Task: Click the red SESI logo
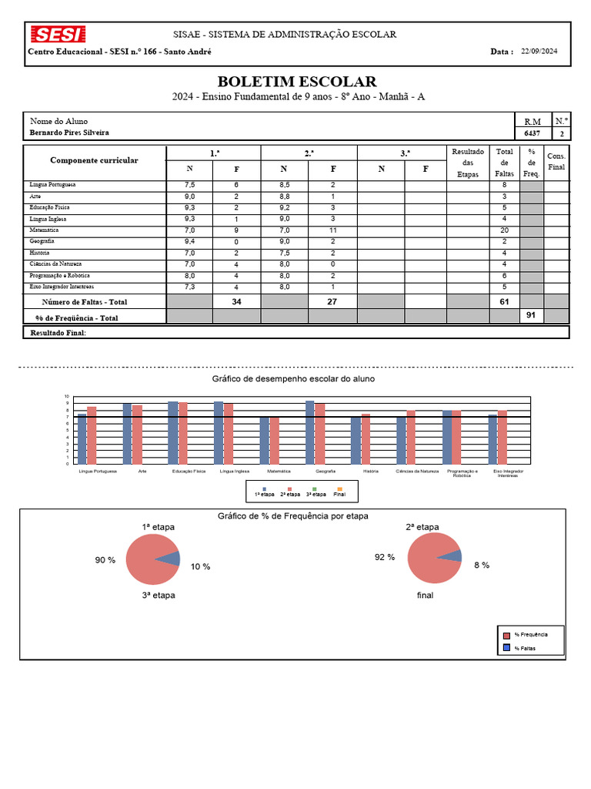point(58,35)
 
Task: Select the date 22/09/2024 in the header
point(539,52)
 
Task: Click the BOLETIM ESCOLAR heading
point(297,82)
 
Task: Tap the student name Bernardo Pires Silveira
point(69,133)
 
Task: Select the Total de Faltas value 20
point(504,230)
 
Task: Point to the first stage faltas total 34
point(236,302)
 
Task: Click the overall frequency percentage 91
point(530,314)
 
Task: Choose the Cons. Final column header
point(556,161)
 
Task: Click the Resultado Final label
point(58,333)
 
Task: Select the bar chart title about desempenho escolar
point(294,379)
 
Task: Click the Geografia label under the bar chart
point(325,471)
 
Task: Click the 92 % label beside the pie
point(385,557)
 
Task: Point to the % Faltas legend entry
point(526,648)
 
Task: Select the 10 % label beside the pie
point(200,566)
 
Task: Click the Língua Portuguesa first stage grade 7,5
point(189,186)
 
